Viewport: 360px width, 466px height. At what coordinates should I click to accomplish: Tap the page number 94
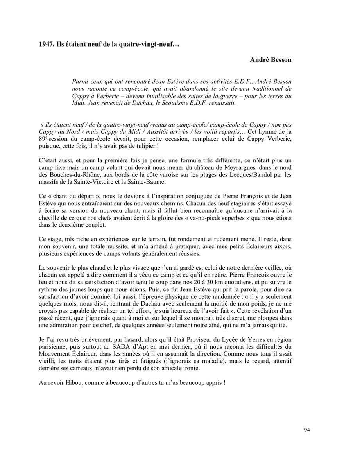307,430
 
